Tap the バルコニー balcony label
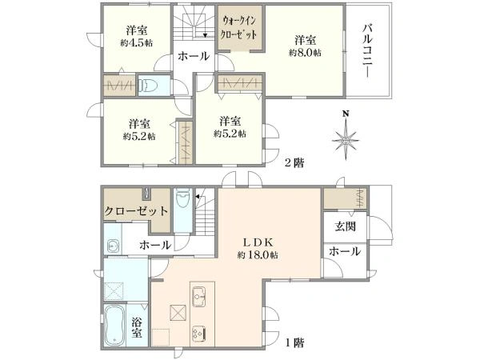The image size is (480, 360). point(368,52)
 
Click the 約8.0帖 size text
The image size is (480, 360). point(305,53)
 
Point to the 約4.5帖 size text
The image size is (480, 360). point(137,43)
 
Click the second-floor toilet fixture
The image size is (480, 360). point(147,86)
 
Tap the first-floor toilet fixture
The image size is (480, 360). point(183,198)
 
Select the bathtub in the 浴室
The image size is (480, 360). point(114,326)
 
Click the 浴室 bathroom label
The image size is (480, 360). point(137,327)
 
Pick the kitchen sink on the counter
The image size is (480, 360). point(199,296)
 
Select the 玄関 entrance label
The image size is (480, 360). point(346,227)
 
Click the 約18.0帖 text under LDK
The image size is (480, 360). point(258,254)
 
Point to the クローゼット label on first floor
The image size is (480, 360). point(136,211)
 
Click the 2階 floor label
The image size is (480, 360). point(294,162)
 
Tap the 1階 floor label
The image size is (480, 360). point(294,342)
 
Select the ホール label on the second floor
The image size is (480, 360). point(194,56)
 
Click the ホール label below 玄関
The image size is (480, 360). point(345,252)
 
